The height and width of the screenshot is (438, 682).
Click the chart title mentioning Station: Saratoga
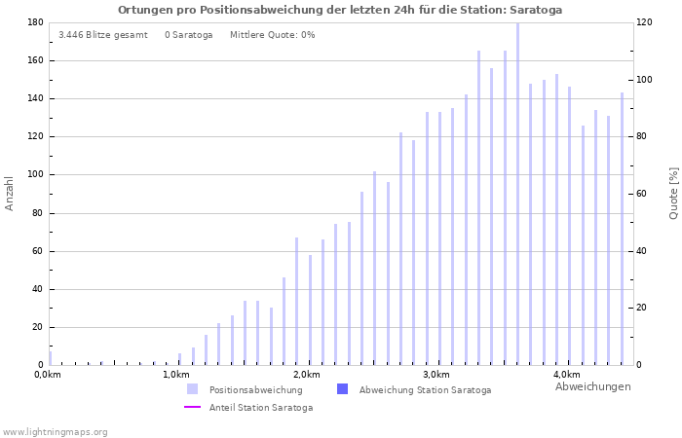[x=340, y=10]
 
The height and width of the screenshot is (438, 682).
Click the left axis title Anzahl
[x=10, y=193]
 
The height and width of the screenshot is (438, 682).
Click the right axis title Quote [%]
[x=673, y=193]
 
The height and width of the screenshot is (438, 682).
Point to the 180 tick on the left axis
[x=34, y=22]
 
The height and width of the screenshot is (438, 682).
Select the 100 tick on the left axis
[x=34, y=175]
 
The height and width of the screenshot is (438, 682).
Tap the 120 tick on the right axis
[x=644, y=22]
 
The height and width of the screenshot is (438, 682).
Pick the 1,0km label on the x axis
[x=175, y=375]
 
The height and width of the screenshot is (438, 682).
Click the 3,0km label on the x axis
[x=436, y=375]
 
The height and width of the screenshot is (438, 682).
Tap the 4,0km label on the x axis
[x=566, y=375]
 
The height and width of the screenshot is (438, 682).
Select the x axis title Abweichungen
[x=592, y=386]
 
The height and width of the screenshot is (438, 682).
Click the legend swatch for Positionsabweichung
[x=193, y=389]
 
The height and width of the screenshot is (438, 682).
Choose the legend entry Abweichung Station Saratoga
[x=425, y=389]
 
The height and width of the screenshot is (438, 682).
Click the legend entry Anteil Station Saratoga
[x=260, y=407]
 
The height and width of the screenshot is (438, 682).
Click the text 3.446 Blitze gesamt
[x=103, y=35]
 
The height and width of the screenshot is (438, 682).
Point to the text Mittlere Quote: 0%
[x=272, y=35]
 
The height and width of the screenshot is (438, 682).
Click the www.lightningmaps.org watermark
[x=55, y=431]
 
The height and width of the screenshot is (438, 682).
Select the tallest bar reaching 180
[x=517, y=195]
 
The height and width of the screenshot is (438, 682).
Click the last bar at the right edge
[x=622, y=229]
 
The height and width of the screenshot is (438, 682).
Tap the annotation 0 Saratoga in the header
[x=188, y=35]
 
